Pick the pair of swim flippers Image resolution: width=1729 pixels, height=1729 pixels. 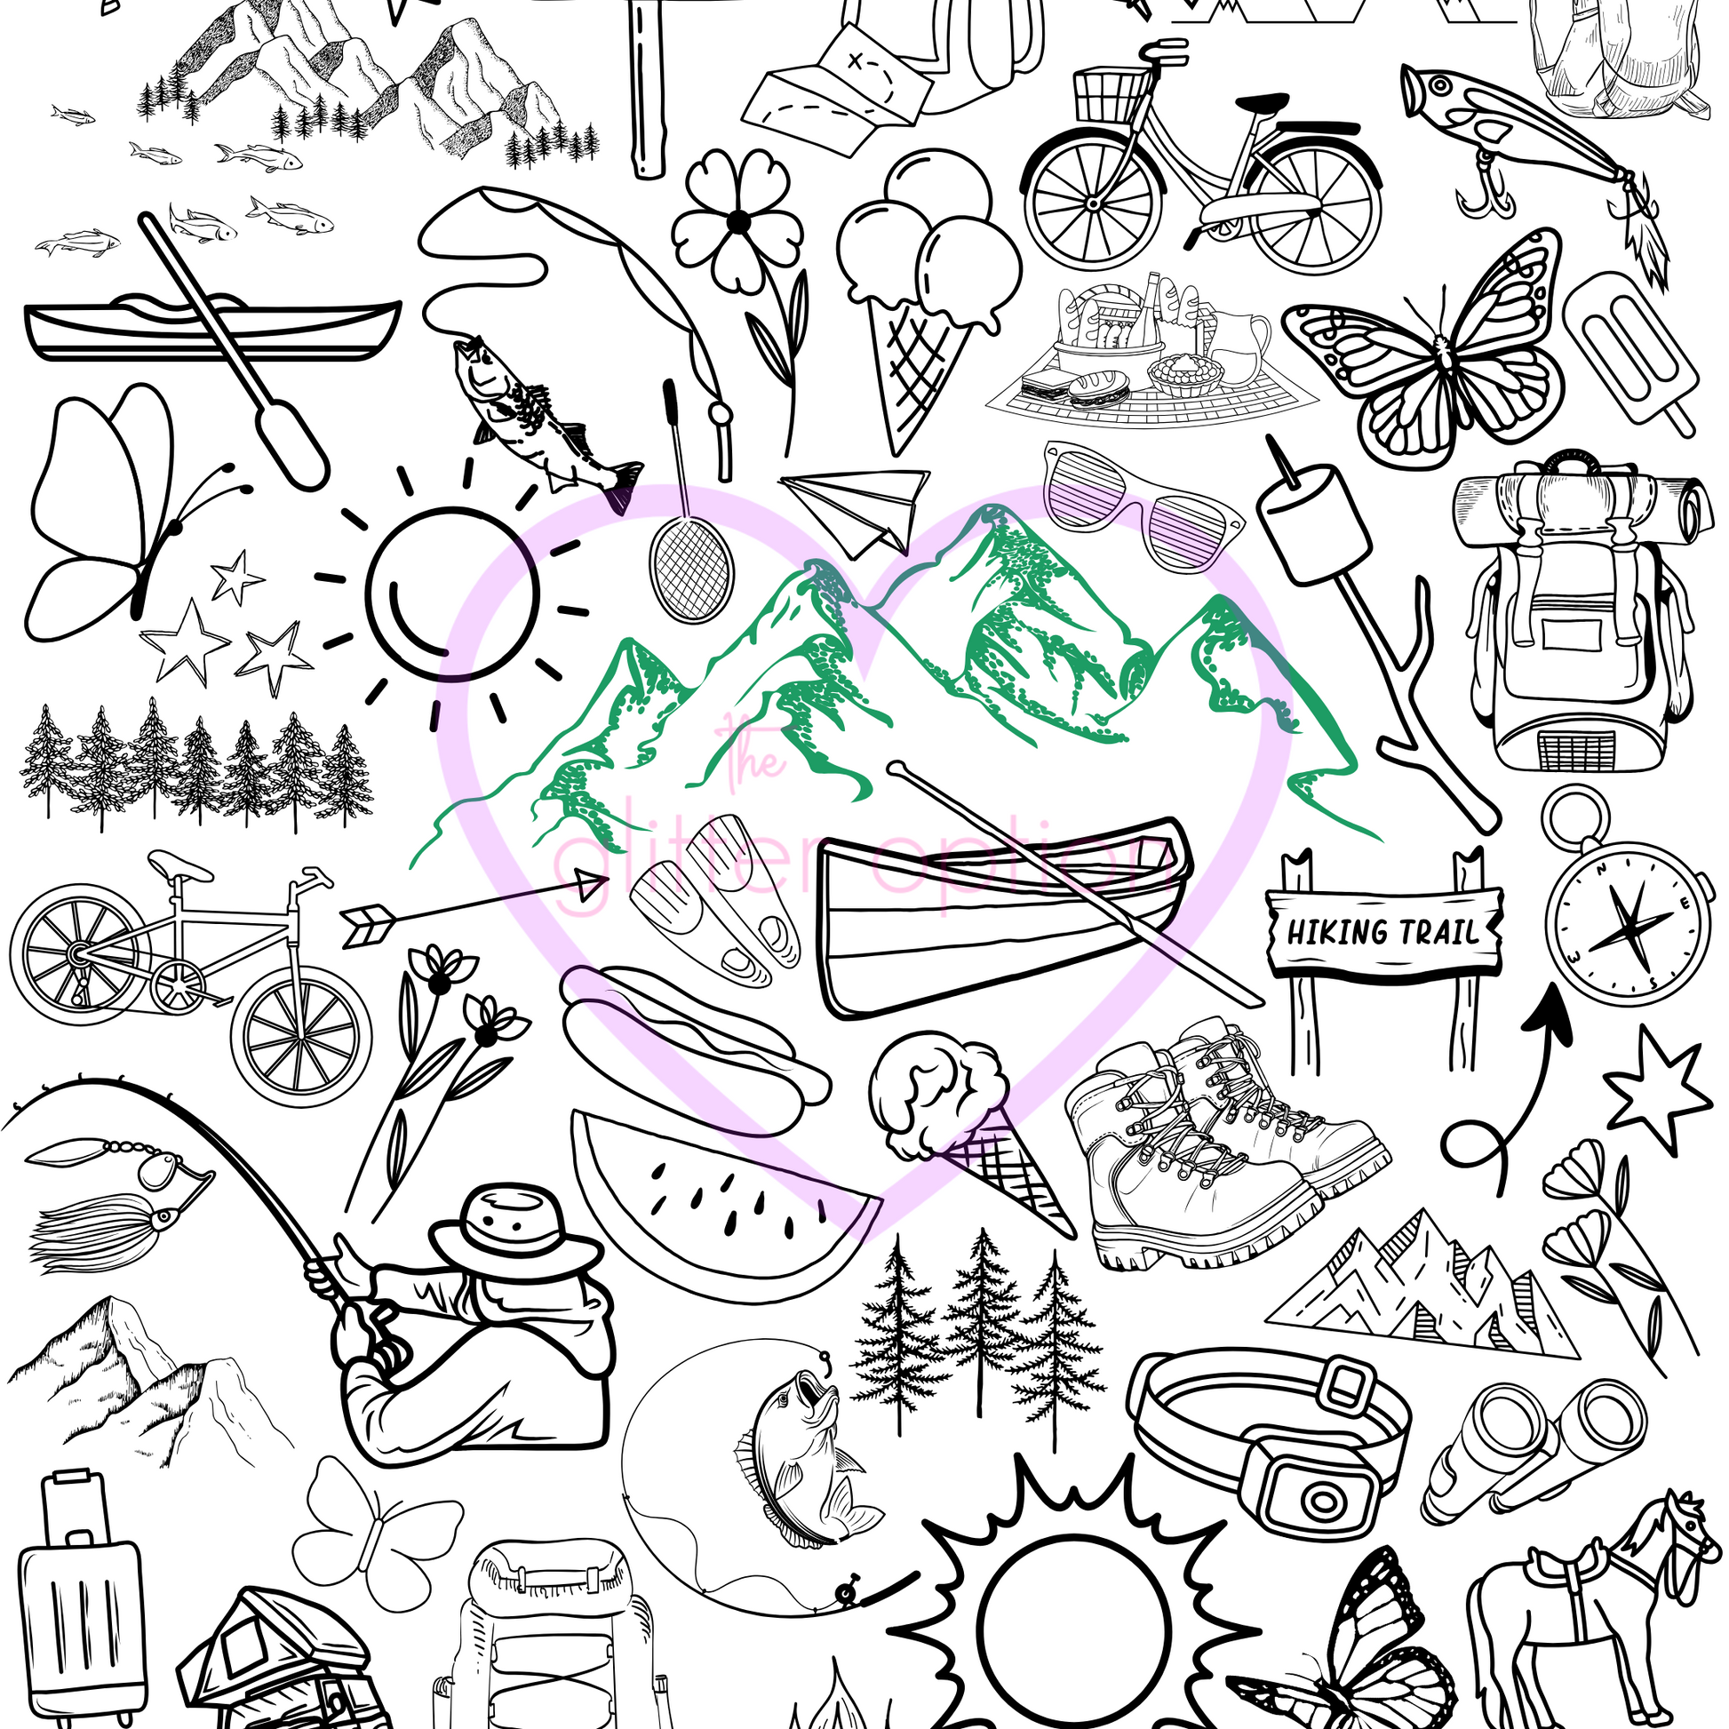716,899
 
